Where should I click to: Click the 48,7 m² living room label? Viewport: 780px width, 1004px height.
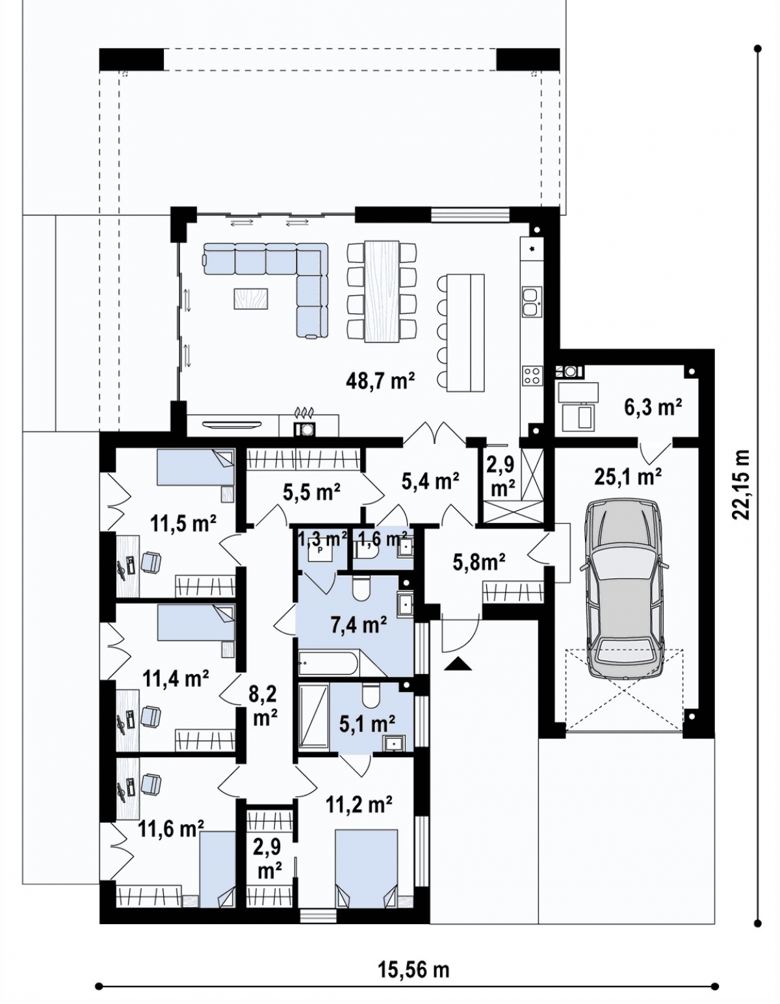coord(380,381)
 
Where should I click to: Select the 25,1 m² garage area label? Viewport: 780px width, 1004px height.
coord(627,477)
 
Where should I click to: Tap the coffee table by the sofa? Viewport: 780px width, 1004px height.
coord(251,298)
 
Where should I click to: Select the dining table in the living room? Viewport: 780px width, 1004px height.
coord(382,292)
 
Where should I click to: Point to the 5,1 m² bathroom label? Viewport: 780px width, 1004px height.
coord(367,723)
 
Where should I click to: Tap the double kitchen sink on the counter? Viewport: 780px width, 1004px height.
coord(532,302)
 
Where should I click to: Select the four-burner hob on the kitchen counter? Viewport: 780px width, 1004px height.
coord(532,375)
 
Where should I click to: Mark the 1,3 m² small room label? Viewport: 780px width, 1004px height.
coord(322,539)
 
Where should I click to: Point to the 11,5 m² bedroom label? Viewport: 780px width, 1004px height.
coord(183,524)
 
